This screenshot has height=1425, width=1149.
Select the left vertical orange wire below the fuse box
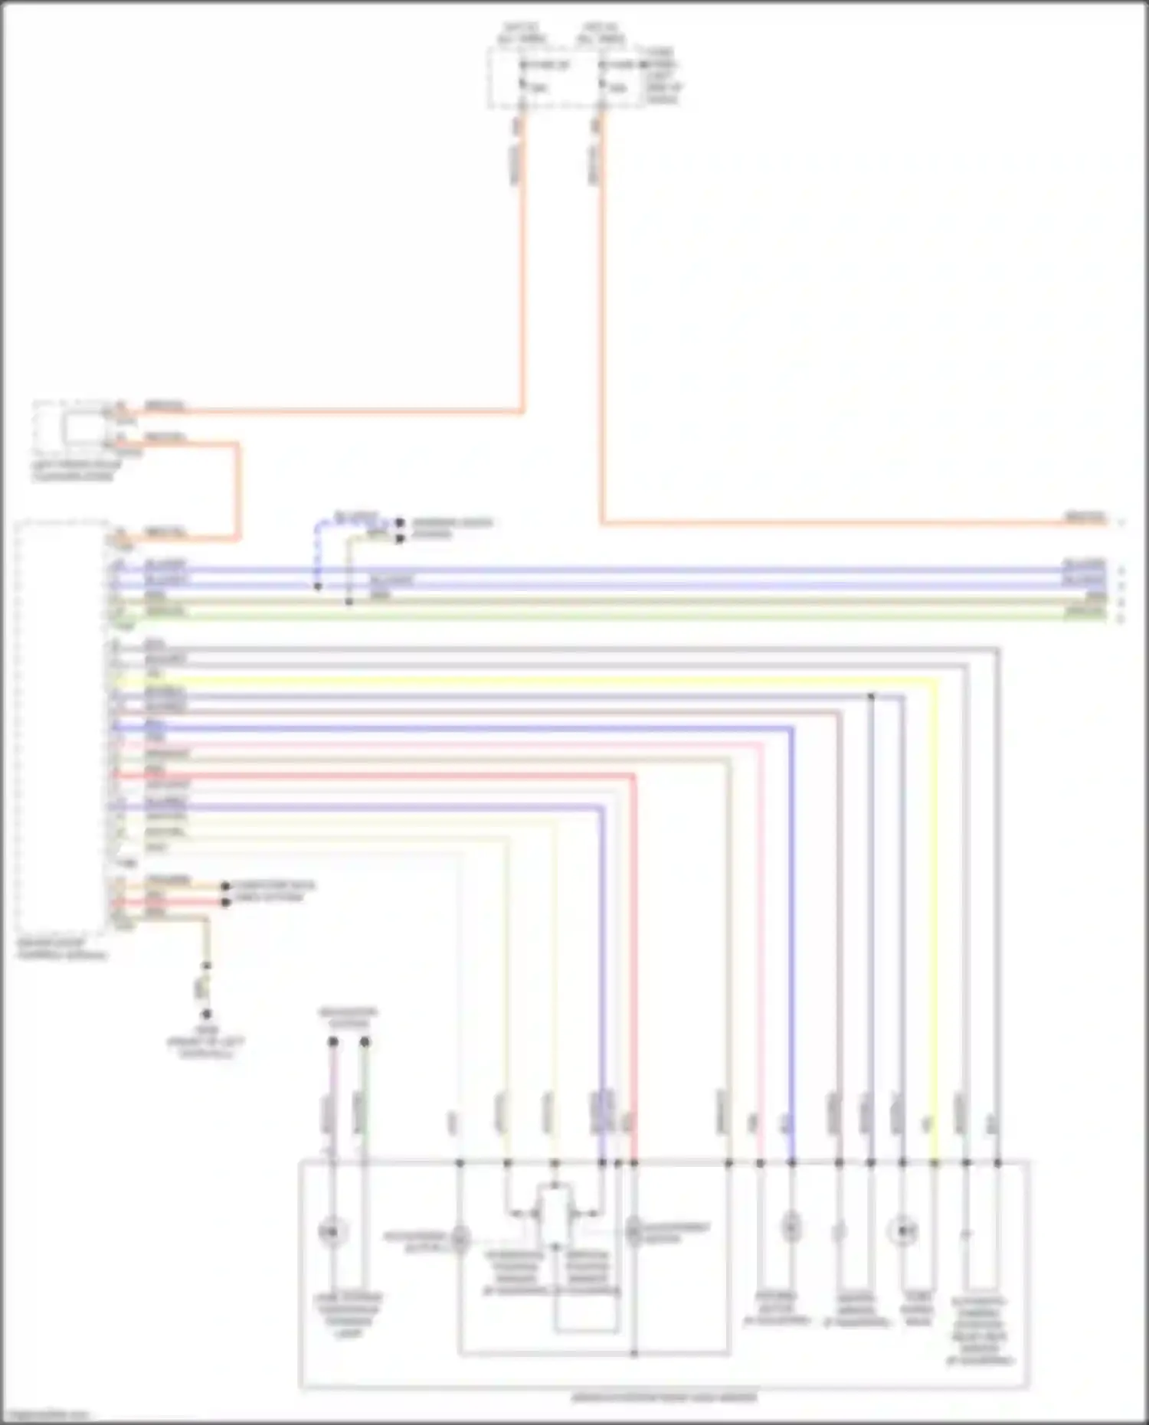coord(523,268)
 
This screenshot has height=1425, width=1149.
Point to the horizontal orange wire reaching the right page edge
coord(843,524)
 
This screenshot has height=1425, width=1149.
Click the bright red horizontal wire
coord(383,775)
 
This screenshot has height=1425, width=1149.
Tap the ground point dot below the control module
coord(206,1014)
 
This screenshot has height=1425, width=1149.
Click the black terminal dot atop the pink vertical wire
coord(332,1041)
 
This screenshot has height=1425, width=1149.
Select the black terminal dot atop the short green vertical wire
coord(365,1041)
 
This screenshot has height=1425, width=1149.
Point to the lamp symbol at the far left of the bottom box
coord(332,1232)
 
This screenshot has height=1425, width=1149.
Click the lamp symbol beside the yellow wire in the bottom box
coord(903,1232)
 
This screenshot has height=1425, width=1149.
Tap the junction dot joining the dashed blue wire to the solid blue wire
coord(318,587)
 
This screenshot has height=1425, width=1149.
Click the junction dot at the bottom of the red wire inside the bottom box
coord(634,1354)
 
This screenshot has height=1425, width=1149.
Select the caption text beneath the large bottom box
coord(663,1397)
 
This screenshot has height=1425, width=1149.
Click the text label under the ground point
coord(205,1043)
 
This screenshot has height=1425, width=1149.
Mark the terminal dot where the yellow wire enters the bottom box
coord(935,1163)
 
